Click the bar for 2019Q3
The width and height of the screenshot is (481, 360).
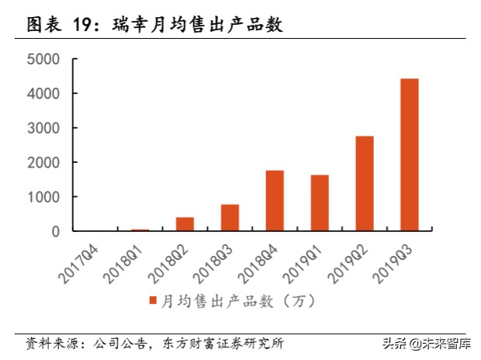coord(409,155)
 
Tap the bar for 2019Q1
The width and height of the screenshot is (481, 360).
coord(320,203)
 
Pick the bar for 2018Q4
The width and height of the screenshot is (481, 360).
coord(275,201)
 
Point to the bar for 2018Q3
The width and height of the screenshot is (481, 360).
coord(230,218)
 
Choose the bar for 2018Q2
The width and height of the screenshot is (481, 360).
coord(185,224)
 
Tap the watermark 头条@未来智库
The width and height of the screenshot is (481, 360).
coord(426,342)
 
